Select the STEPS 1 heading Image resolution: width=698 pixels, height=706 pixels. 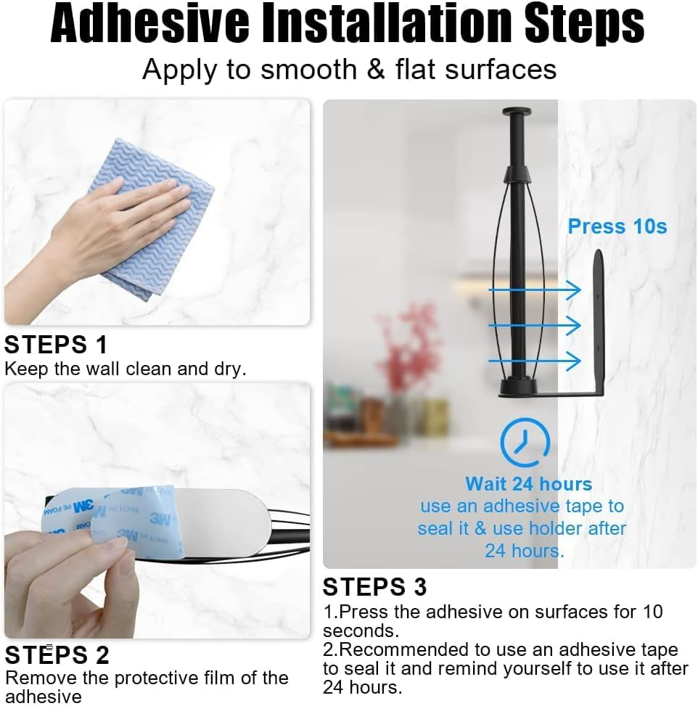[56, 344]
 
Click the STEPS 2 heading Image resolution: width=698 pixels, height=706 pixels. [57, 654]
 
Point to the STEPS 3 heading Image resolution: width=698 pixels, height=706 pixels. [375, 586]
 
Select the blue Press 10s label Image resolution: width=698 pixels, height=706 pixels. [617, 226]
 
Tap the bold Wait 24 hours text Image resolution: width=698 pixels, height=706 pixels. [528, 484]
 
